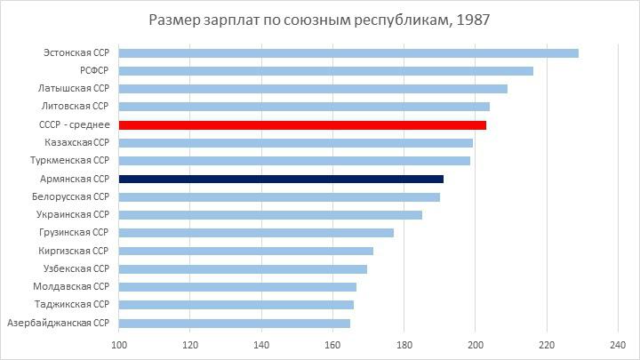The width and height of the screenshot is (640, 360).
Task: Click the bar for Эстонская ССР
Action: click(348, 53)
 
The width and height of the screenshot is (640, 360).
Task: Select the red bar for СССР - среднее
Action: click(302, 125)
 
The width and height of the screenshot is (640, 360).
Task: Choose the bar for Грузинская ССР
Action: click(256, 233)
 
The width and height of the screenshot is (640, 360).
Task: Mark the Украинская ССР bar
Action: click(270, 215)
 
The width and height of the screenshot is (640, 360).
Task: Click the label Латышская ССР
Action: click(74, 89)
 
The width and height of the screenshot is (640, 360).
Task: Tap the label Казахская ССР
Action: click(76, 143)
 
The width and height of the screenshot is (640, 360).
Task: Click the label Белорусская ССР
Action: click(70, 196)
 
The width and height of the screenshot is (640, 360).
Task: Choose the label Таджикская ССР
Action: click(74, 305)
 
